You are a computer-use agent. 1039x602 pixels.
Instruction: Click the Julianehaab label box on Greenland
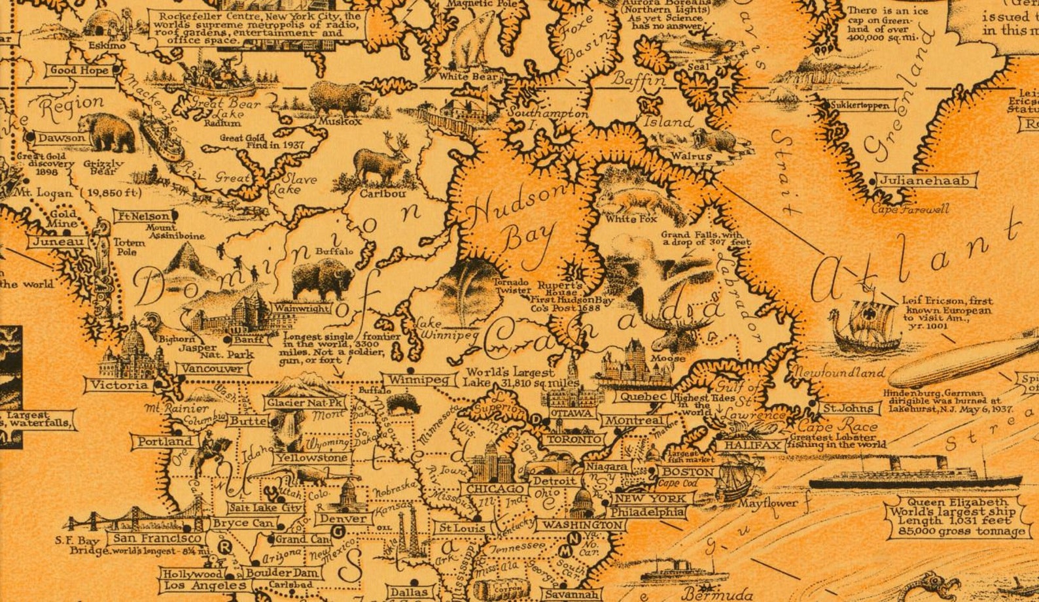pyautogui.click(x=926, y=181)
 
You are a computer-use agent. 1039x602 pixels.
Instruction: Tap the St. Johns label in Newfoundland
pyautogui.click(x=848, y=408)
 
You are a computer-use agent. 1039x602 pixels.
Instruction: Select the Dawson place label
pyautogui.click(x=61, y=138)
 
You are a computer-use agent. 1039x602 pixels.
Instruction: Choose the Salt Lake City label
pyautogui.click(x=266, y=507)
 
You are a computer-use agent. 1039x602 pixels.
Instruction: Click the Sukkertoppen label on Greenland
pyautogui.click(x=860, y=105)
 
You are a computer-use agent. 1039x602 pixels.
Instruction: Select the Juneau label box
pyautogui.click(x=58, y=242)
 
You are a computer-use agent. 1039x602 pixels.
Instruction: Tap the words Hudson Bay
pyautogui.click(x=517, y=219)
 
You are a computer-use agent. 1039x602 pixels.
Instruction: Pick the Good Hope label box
pyautogui.click(x=80, y=70)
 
